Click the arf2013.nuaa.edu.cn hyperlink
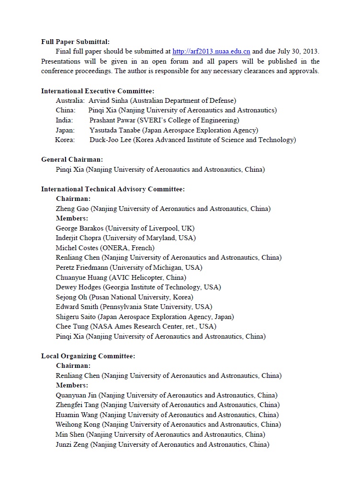tap(211, 52)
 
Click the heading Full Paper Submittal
tap(75, 42)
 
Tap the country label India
tap(64, 120)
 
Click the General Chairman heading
tap(72, 159)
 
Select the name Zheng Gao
tap(72, 209)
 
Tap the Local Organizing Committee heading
tap(88, 356)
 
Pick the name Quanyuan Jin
tap(76, 395)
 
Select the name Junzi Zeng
tap(72, 444)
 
